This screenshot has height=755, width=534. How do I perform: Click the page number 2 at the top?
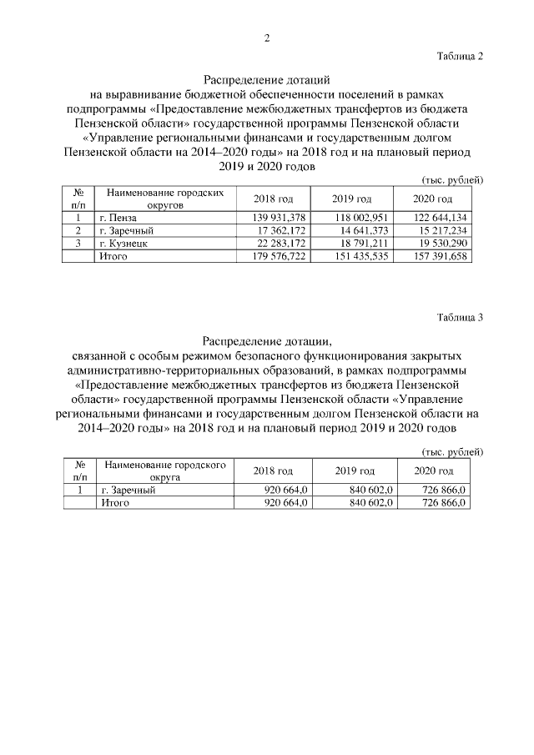(267, 38)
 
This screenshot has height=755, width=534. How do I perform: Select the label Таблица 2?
(460, 56)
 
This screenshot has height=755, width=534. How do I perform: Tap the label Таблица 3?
(460, 317)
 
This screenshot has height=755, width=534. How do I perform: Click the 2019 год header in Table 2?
(352, 198)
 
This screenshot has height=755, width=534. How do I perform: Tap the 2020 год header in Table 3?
(433, 471)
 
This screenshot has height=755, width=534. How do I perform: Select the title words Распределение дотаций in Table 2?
(267, 81)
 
